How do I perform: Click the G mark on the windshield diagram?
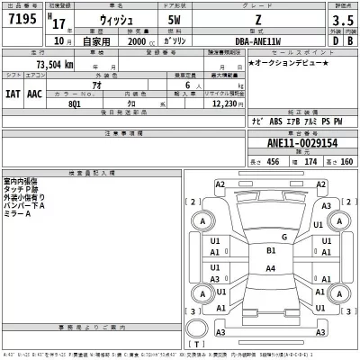coord(284,237)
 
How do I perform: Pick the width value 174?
coord(311,160)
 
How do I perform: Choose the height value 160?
coord(346,160)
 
